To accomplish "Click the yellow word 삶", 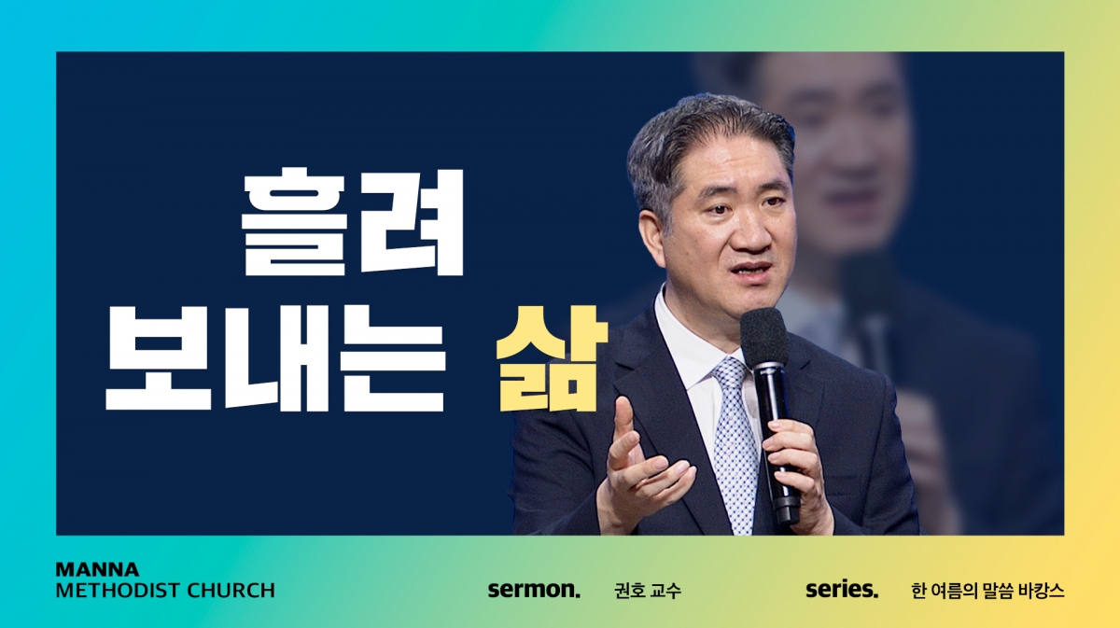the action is [552, 358].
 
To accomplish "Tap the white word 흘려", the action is [353, 221].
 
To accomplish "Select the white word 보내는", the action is [275, 358].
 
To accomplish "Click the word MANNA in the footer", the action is [97, 569].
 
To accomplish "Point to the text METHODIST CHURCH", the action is [165, 591].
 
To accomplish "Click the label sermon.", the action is [534, 590].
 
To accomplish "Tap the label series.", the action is [842, 590].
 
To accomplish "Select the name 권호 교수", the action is [648, 591].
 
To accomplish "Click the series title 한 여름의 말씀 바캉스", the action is [987, 591].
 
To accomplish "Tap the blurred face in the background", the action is [845, 150].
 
